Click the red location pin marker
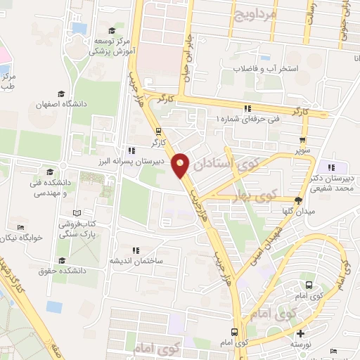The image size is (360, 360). click(181, 165)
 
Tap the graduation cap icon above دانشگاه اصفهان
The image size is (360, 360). click(62, 94)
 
